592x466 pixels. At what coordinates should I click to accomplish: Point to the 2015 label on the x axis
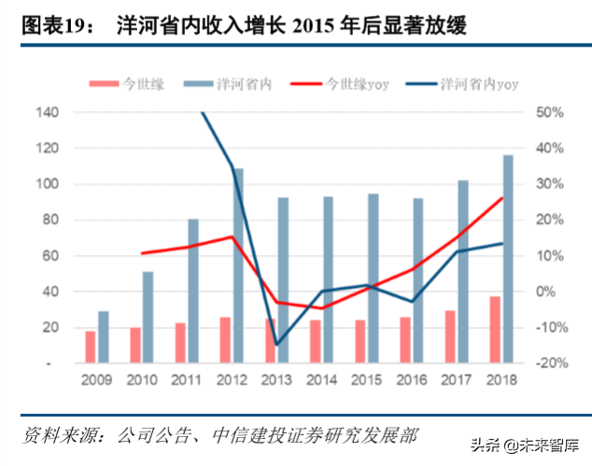pyautogui.click(x=367, y=381)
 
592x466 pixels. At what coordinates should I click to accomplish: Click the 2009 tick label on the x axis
pyautogui.click(x=97, y=381)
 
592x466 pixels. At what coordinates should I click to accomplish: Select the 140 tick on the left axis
pyautogui.click(x=47, y=112)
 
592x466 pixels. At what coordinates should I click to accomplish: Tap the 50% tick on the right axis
pyautogui.click(x=550, y=112)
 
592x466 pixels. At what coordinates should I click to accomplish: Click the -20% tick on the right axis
pyautogui.click(x=550, y=363)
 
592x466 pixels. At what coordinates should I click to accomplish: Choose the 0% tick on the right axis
pyautogui.click(x=550, y=291)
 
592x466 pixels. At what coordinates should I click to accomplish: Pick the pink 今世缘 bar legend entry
pyautogui.click(x=143, y=84)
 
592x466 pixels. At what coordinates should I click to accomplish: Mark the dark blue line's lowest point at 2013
pyautogui.click(x=276, y=345)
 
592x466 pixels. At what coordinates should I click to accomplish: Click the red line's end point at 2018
pyautogui.click(x=502, y=198)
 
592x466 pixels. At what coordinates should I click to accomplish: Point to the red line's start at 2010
pyautogui.click(x=142, y=253)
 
